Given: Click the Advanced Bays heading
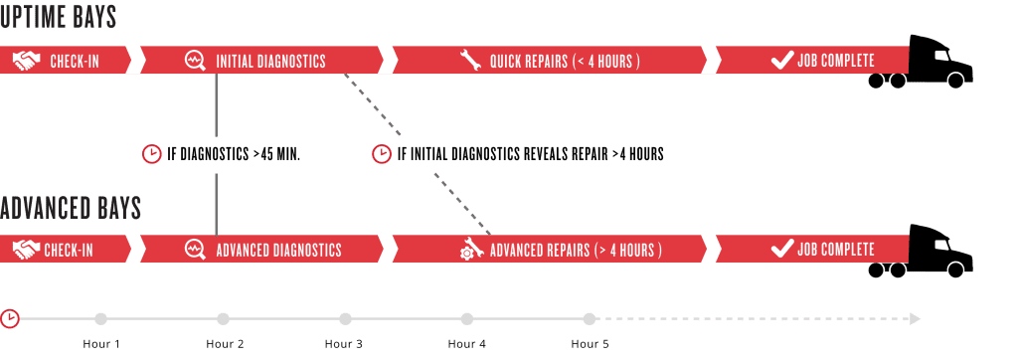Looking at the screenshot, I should click(x=71, y=209).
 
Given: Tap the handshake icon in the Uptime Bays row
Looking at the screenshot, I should click(x=27, y=61).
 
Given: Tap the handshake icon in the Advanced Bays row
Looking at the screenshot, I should click(x=27, y=250).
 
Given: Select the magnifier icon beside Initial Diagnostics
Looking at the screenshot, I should click(x=196, y=61).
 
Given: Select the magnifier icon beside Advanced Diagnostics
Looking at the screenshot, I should click(x=196, y=250).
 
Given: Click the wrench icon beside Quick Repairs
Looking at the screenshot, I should click(x=471, y=61).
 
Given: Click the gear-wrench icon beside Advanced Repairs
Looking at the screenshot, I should click(x=470, y=250).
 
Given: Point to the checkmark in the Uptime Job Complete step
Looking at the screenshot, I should click(x=782, y=61).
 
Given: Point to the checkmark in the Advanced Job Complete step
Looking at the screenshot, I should click(x=782, y=250).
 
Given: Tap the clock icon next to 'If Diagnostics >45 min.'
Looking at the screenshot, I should click(x=152, y=154).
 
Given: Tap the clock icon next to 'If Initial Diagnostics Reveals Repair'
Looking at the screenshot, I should click(x=381, y=154).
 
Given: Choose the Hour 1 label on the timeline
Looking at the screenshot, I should click(x=100, y=344).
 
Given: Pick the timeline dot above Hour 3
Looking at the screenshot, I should click(x=345, y=319).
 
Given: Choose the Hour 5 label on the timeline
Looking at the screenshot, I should click(x=590, y=344).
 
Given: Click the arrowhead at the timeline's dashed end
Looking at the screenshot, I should click(x=915, y=319).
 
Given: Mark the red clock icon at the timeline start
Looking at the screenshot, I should click(x=10, y=318).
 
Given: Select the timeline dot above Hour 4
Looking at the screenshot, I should click(x=467, y=319).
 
